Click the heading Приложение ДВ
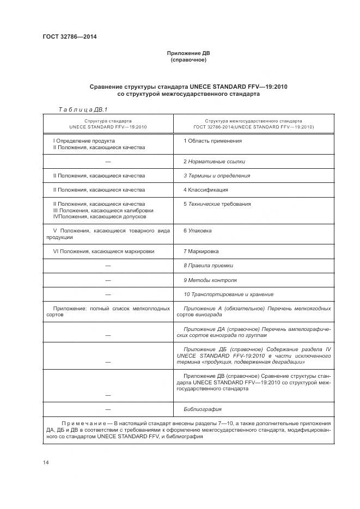click(188, 53)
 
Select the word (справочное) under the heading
click(188, 60)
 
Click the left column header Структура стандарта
click(108, 121)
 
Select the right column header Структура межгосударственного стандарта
click(253, 121)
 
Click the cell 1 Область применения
click(205, 141)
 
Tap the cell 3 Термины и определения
click(217, 176)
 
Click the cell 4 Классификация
click(205, 190)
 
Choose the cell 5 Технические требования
click(217, 204)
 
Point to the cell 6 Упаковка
click(197, 231)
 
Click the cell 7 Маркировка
click(201, 252)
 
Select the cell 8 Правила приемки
click(208, 266)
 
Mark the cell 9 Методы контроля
click(210, 280)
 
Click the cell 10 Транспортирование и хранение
click(228, 295)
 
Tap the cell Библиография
click(203, 409)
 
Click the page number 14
click(46, 462)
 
